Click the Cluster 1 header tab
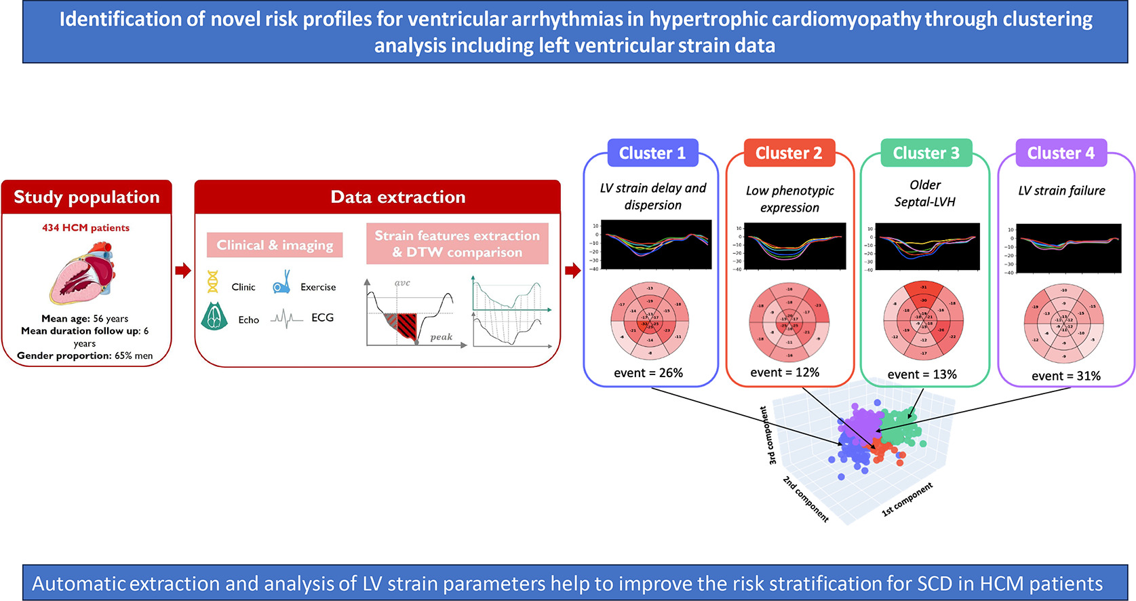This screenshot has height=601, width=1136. [x=652, y=153]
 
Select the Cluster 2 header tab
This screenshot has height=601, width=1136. [x=789, y=153]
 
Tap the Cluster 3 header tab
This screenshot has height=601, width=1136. [x=926, y=153]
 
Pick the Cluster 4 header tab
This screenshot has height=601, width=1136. [x=1061, y=153]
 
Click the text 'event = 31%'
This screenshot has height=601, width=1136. [x=1065, y=376]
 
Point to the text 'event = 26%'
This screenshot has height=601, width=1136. [x=648, y=372]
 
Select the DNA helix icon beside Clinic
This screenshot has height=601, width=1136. [x=213, y=282]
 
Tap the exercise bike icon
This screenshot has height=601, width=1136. [x=281, y=283]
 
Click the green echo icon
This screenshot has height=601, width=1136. [x=214, y=316]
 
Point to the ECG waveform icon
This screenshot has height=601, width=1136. [x=287, y=318]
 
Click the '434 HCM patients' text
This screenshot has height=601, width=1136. [x=85, y=228]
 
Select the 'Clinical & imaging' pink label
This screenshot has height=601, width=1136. [x=275, y=245]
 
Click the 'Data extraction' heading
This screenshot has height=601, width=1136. [x=397, y=197]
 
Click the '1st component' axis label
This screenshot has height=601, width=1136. [x=907, y=500]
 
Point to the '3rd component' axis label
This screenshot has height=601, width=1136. [x=768, y=435]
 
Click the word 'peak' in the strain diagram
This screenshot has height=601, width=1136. [x=441, y=337]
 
